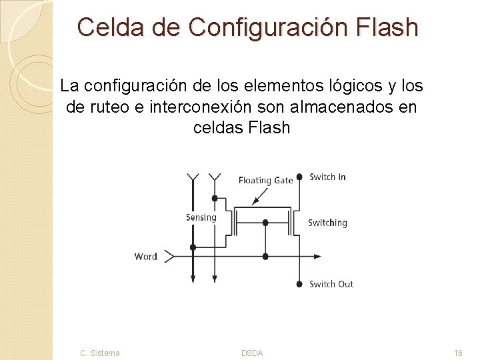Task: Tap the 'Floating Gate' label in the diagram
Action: pos(265,180)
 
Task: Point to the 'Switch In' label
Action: pos(327,177)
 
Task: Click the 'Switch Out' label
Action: pos(331,284)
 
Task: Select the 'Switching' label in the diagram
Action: pos(327,223)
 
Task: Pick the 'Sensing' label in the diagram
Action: pos(201,217)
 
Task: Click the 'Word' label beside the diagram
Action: pos(146,256)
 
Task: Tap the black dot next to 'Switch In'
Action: pos(299,177)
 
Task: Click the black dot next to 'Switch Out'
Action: pos(299,284)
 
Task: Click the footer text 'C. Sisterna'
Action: pos(100,353)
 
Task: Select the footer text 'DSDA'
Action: pos(252,353)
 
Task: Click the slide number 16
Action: pos(458,353)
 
